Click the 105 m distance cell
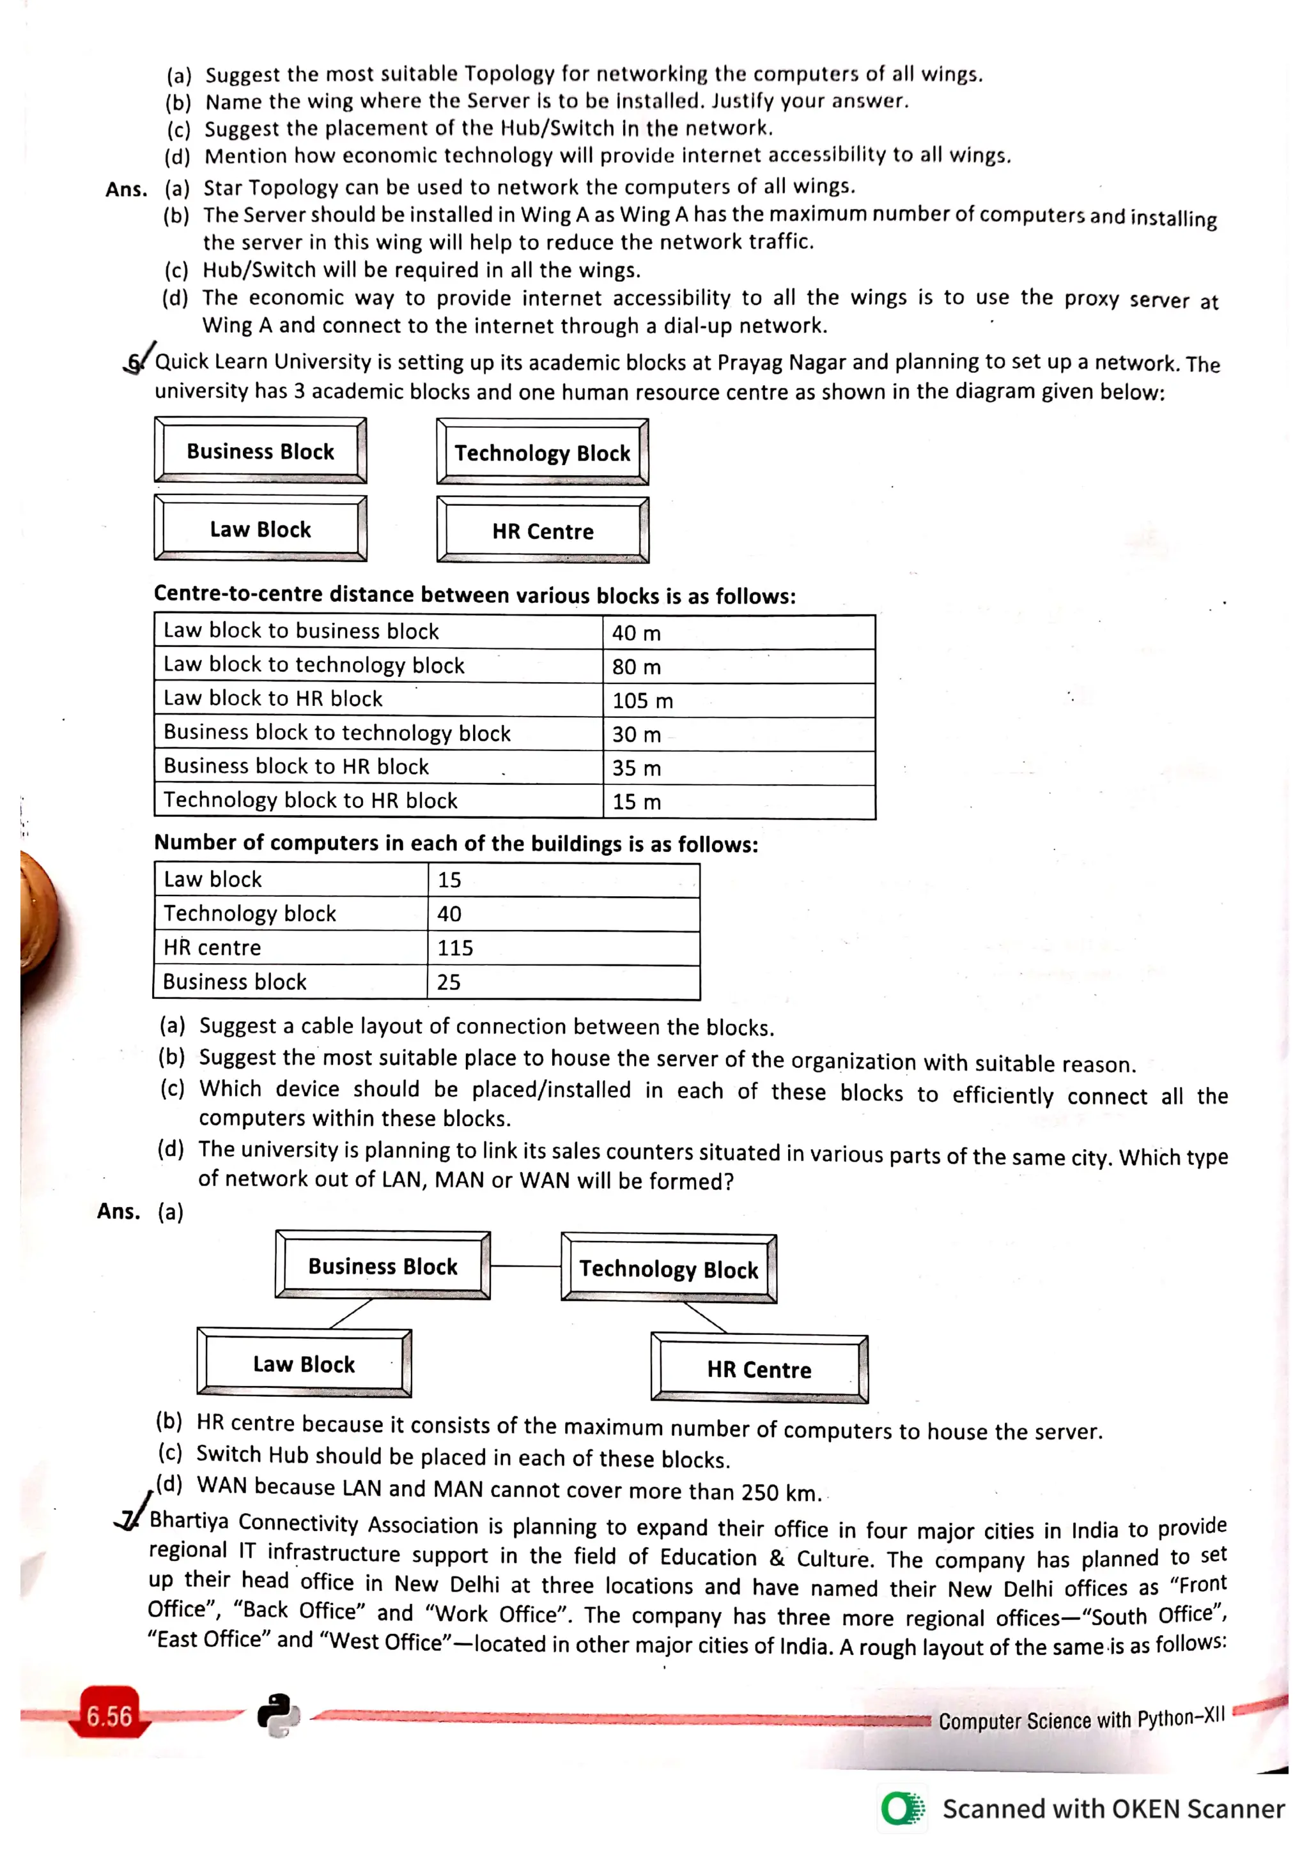pos(738,701)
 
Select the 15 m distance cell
pos(738,802)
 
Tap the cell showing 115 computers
pos(563,948)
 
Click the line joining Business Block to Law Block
pos(351,1313)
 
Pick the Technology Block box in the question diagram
pos(542,452)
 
